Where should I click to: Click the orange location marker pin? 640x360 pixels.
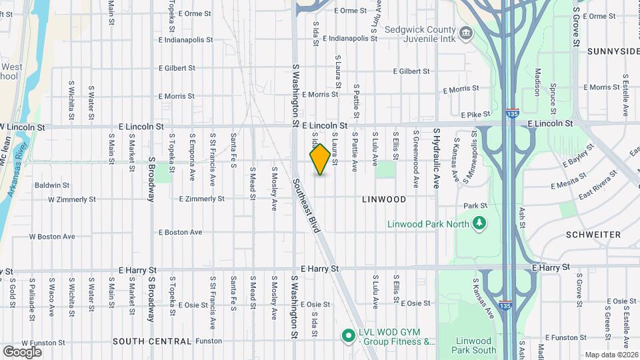click(x=320, y=159)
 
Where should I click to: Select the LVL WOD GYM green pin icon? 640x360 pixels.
click(x=347, y=335)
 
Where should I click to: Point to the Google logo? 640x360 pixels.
click(x=22, y=351)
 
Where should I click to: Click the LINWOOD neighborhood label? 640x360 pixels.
click(x=384, y=199)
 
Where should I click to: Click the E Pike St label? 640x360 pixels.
click(x=474, y=115)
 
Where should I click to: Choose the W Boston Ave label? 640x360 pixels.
click(x=51, y=236)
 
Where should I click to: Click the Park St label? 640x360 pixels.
click(x=476, y=206)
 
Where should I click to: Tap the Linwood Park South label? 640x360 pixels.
click(x=475, y=345)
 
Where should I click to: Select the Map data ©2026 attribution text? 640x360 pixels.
click(x=611, y=355)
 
